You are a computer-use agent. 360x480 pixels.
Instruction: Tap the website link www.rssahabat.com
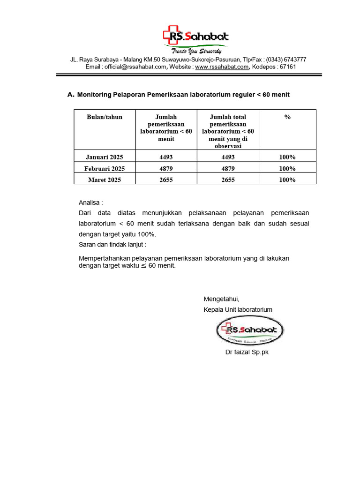coord(222,67)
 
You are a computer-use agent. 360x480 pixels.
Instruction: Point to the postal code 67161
coord(287,67)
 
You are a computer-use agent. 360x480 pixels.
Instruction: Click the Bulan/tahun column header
coord(105,117)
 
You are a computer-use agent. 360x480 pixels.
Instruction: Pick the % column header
coord(287,117)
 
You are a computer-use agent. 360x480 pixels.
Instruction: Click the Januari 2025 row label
coord(105,157)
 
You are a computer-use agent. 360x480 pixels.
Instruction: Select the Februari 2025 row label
coord(105,168)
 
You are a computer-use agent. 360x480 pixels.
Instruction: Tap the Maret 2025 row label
coord(105,180)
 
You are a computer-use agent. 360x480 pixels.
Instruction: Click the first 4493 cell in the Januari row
coord(166,157)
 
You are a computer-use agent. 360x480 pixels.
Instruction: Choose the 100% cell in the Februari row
coord(287,168)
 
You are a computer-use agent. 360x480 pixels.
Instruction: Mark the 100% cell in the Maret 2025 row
coord(287,180)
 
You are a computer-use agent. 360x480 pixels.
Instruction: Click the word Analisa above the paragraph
coord(90,203)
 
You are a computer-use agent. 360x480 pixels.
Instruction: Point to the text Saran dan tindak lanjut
coord(112,244)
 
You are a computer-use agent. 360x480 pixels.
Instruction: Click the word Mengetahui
coord(221,299)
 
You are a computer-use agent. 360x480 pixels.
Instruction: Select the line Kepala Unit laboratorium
coord(238,310)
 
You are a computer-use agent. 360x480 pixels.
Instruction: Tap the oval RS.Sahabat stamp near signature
coord(249,330)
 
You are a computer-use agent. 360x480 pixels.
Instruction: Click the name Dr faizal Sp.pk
coord(247,352)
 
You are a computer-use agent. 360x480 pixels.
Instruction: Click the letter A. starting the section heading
coord(71,95)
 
